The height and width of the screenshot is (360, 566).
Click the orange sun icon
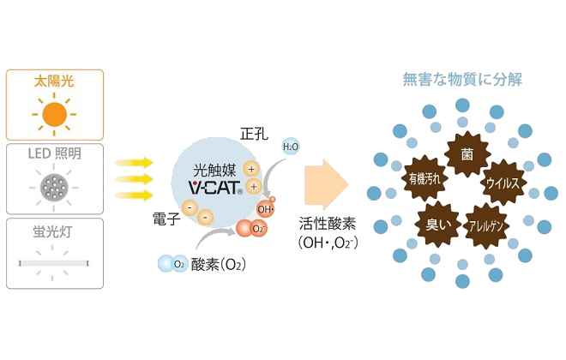(x=54, y=113)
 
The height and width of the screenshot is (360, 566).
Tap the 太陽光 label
(x=54, y=84)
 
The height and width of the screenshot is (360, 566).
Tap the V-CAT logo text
(x=214, y=185)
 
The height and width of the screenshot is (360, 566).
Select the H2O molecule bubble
(x=292, y=147)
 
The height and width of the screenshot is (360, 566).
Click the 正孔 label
(x=256, y=135)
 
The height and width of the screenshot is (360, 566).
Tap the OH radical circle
(x=265, y=207)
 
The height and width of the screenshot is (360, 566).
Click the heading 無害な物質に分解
(x=463, y=80)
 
